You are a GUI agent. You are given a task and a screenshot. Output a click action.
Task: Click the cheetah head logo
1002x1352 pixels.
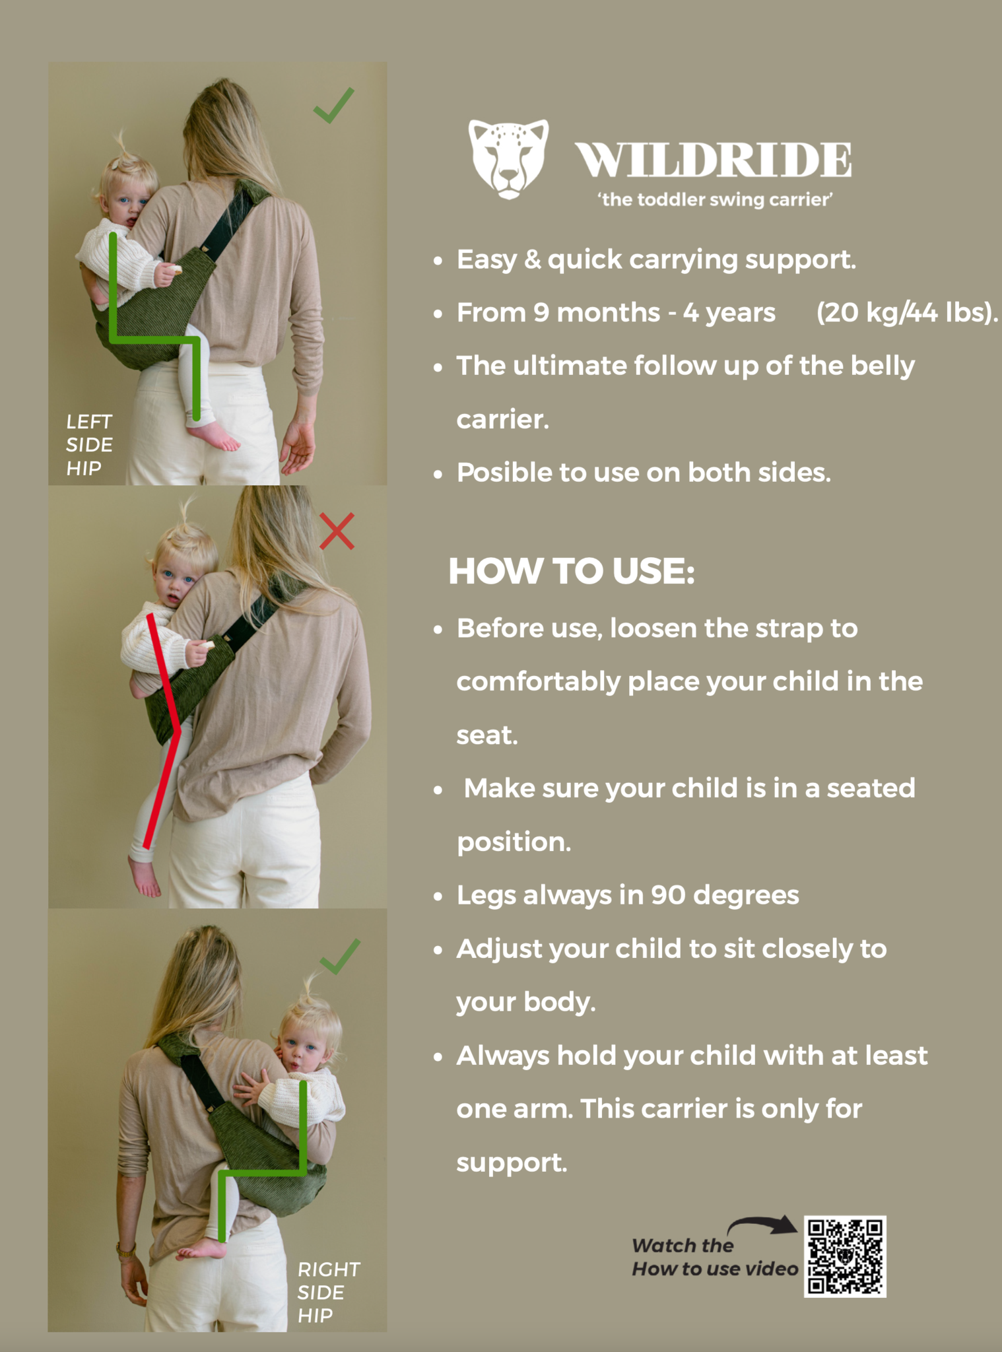click(508, 159)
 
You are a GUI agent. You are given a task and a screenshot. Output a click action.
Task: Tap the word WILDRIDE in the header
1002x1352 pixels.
click(714, 160)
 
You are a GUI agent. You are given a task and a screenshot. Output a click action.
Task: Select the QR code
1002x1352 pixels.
click(845, 1257)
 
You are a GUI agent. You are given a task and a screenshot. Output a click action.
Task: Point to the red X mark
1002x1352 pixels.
click(337, 531)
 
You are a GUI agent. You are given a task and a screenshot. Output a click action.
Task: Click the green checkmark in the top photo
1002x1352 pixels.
click(334, 106)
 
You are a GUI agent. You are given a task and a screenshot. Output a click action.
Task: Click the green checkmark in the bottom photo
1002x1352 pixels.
click(340, 957)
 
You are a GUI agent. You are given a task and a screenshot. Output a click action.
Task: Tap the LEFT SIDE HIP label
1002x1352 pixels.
click(89, 445)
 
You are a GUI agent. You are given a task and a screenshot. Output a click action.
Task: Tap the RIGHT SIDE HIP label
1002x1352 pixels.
click(329, 1293)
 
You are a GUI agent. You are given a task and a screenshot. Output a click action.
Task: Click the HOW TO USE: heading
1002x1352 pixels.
click(572, 571)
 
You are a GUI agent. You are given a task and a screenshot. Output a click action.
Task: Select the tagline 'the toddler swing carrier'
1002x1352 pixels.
click(716, 199)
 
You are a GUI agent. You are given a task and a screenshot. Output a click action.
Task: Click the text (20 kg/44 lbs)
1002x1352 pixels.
click(907, 312)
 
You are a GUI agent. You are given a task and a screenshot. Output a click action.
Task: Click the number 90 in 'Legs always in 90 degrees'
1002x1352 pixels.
click(668, 895)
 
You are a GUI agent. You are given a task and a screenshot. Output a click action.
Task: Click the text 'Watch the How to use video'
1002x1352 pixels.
click(716, 1257)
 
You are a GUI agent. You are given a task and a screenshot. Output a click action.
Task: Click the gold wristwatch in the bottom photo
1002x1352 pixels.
click(126, 1250)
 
